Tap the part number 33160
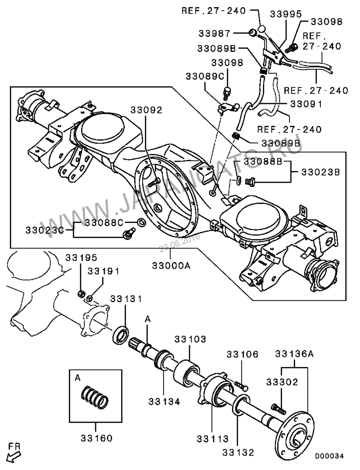(97, 438)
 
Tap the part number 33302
(282, 383)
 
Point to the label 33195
(81, 258)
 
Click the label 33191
(103, 271)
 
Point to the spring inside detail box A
(95, 398)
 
